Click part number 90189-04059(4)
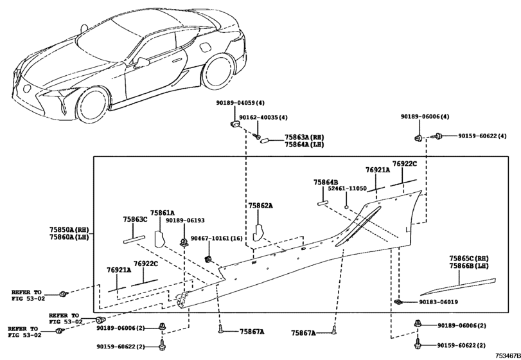pos(240,103)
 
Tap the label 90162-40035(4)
pos(263,118)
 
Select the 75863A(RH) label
pos(304,138)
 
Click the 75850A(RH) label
pos(69,230)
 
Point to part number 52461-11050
pos(347,188)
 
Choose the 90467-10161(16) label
pos(216,239)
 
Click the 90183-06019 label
pos(438,302)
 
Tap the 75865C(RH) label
pos(469,258)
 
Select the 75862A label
pos(261,206)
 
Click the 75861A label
pos(162,213)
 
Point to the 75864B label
pos(326,182)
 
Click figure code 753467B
pos(508,355)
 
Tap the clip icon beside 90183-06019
pos(398,302)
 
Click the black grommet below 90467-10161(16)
pos(209,259)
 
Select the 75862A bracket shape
pos(258,232)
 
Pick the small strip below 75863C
pos(134,239)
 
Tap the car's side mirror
pos(142,62)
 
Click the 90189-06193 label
pos(185,221)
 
